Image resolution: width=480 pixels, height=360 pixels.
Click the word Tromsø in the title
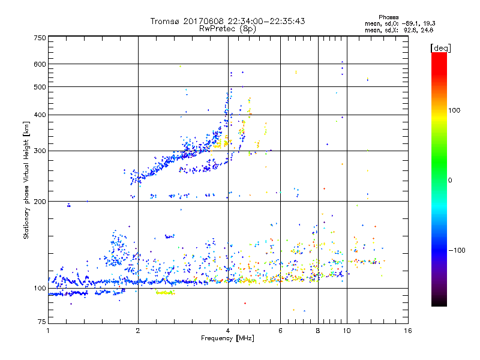(x=168, y=21)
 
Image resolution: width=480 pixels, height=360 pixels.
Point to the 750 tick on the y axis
(x=40, y=38)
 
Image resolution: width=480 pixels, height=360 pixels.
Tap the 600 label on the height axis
(x=40, y=64)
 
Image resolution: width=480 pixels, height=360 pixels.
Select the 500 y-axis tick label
(x=40, y=87)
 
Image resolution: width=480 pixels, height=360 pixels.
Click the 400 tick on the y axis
(x=40, y=115)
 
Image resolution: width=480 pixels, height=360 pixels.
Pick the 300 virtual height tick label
(x=40, y=151)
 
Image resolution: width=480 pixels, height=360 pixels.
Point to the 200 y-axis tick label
(x=40, y=202)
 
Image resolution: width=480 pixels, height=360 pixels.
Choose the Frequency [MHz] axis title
(x=228, y=338)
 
